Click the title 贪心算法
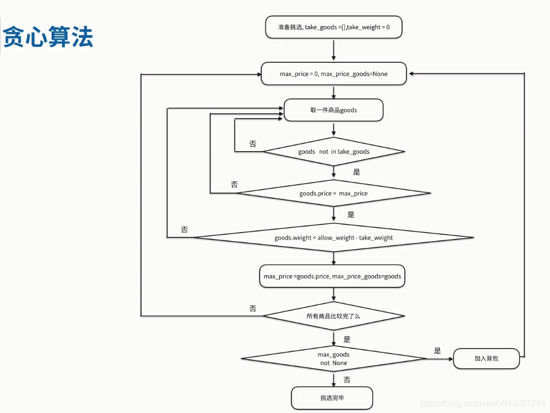click(48, 38)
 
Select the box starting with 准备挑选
click(334, 27)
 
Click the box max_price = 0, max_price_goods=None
click(334, 74)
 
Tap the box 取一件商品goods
click(334, 110)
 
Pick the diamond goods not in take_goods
click(334, 152)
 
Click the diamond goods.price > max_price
click(334, 193)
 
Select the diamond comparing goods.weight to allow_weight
click(334, 237)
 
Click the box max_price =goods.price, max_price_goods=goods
click(332, 276)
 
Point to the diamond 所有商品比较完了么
click(334, 316)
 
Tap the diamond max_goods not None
click(334, 358)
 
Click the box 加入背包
click(486, 358)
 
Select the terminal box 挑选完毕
click(332, 398)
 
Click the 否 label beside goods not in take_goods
click(253, 144)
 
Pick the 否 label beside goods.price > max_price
click(234, 185)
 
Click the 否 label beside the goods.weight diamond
click(184, 229)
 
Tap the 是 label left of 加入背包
click(437, 351)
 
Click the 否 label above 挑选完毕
click(347, 380)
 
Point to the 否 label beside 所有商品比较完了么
click(253, 308)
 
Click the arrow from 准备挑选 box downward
click(334, 49)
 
